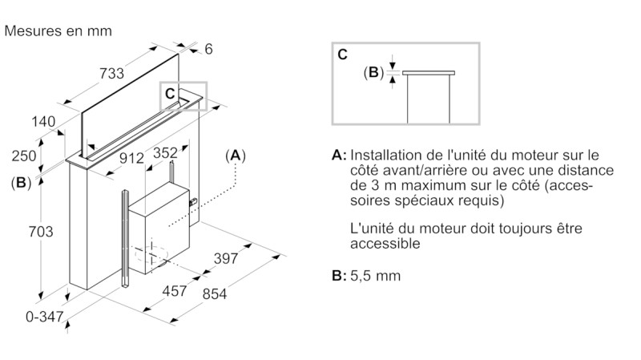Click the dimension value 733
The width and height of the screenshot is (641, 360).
tap(111, 75)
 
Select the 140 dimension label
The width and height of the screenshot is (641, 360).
tap(43, 122)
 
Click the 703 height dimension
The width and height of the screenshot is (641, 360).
tap(40, 232)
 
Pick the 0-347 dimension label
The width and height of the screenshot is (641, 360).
tap(44, 317)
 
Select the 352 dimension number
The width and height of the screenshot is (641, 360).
tap(164, 152)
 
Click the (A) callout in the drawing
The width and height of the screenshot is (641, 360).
tap(236, 154)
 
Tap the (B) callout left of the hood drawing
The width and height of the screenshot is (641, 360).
tap(22, 182)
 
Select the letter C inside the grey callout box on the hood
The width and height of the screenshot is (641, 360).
tap(170, 93)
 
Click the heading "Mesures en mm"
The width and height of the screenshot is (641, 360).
tap(58, 31)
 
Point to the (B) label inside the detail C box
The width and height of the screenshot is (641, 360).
tap(373, 72)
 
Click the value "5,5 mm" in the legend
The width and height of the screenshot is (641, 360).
tap(375, 276)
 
